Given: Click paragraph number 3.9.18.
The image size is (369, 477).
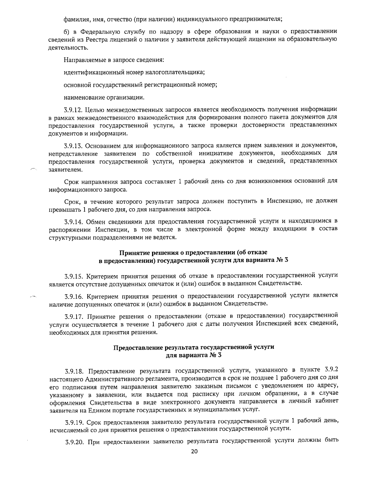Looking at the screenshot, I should (x=73, y=369).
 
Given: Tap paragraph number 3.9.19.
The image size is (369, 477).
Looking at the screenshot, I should (x=73, y=421).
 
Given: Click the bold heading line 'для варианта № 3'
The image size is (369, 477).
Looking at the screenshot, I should (x=193, y=355).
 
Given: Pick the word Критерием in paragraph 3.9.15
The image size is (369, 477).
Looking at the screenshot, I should (x=98, y=275).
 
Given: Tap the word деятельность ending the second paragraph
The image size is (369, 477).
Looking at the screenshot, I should (x=65, y=48).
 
